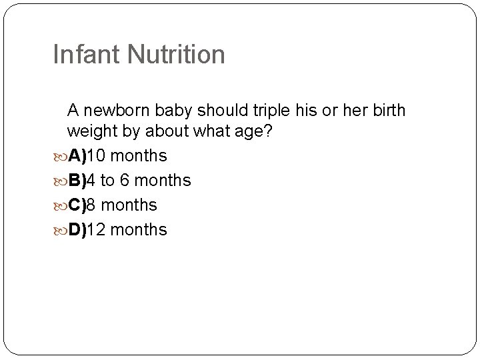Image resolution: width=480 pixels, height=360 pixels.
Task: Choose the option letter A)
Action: [76, 156]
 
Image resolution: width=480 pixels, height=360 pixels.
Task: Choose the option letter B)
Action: [76, 181]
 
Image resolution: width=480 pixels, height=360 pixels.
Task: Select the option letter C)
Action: [76, 205]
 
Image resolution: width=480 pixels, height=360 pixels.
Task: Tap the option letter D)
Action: [76, 230]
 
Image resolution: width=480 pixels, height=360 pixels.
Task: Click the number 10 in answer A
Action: [97, 156]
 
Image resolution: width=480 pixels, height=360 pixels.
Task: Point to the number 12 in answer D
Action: [97, 230]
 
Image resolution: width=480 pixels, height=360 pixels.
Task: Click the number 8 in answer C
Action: [91, 205]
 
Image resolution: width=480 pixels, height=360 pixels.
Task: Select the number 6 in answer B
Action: [125, 181]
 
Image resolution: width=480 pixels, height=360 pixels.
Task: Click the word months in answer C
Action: [129, 205]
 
